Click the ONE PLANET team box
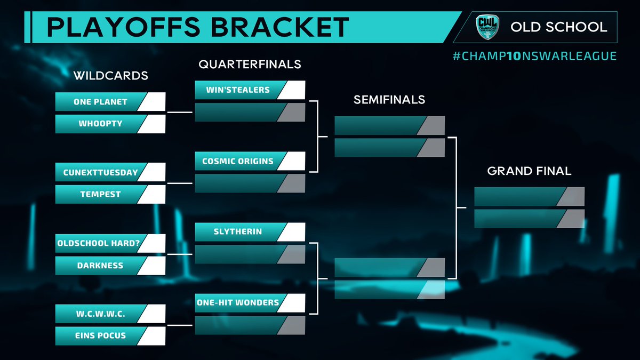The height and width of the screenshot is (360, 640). (100, 101)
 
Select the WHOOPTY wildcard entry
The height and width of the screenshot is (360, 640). (100, 124)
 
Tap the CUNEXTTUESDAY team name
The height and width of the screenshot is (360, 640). (100, 172)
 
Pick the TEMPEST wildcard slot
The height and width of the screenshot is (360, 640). (100, 194)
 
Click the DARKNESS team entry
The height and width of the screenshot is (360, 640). (100, 265)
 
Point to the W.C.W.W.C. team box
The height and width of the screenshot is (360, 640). (100, 314)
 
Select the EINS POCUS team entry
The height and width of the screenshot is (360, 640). (100, 336)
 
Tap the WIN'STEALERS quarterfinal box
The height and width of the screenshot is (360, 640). (238, 90)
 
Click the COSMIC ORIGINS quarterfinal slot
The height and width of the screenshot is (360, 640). (238, 161)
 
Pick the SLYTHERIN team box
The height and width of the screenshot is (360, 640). (238, 232)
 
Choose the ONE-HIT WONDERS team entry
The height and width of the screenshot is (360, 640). (238, 302)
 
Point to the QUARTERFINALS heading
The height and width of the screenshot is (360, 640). (250, 65)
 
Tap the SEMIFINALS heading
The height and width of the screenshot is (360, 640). (389, 100)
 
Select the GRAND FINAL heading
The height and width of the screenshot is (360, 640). (529, 171)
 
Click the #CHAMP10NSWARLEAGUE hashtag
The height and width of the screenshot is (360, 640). (534, 56)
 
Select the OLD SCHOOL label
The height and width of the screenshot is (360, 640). (558, 27)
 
